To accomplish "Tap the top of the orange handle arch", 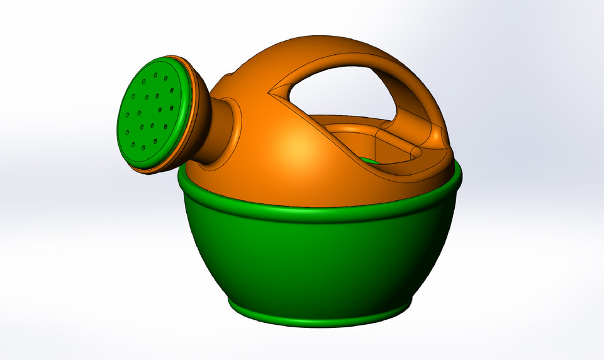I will (340, 53).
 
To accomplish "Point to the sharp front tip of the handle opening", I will (271, 95).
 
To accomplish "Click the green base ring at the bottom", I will (315, 318).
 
